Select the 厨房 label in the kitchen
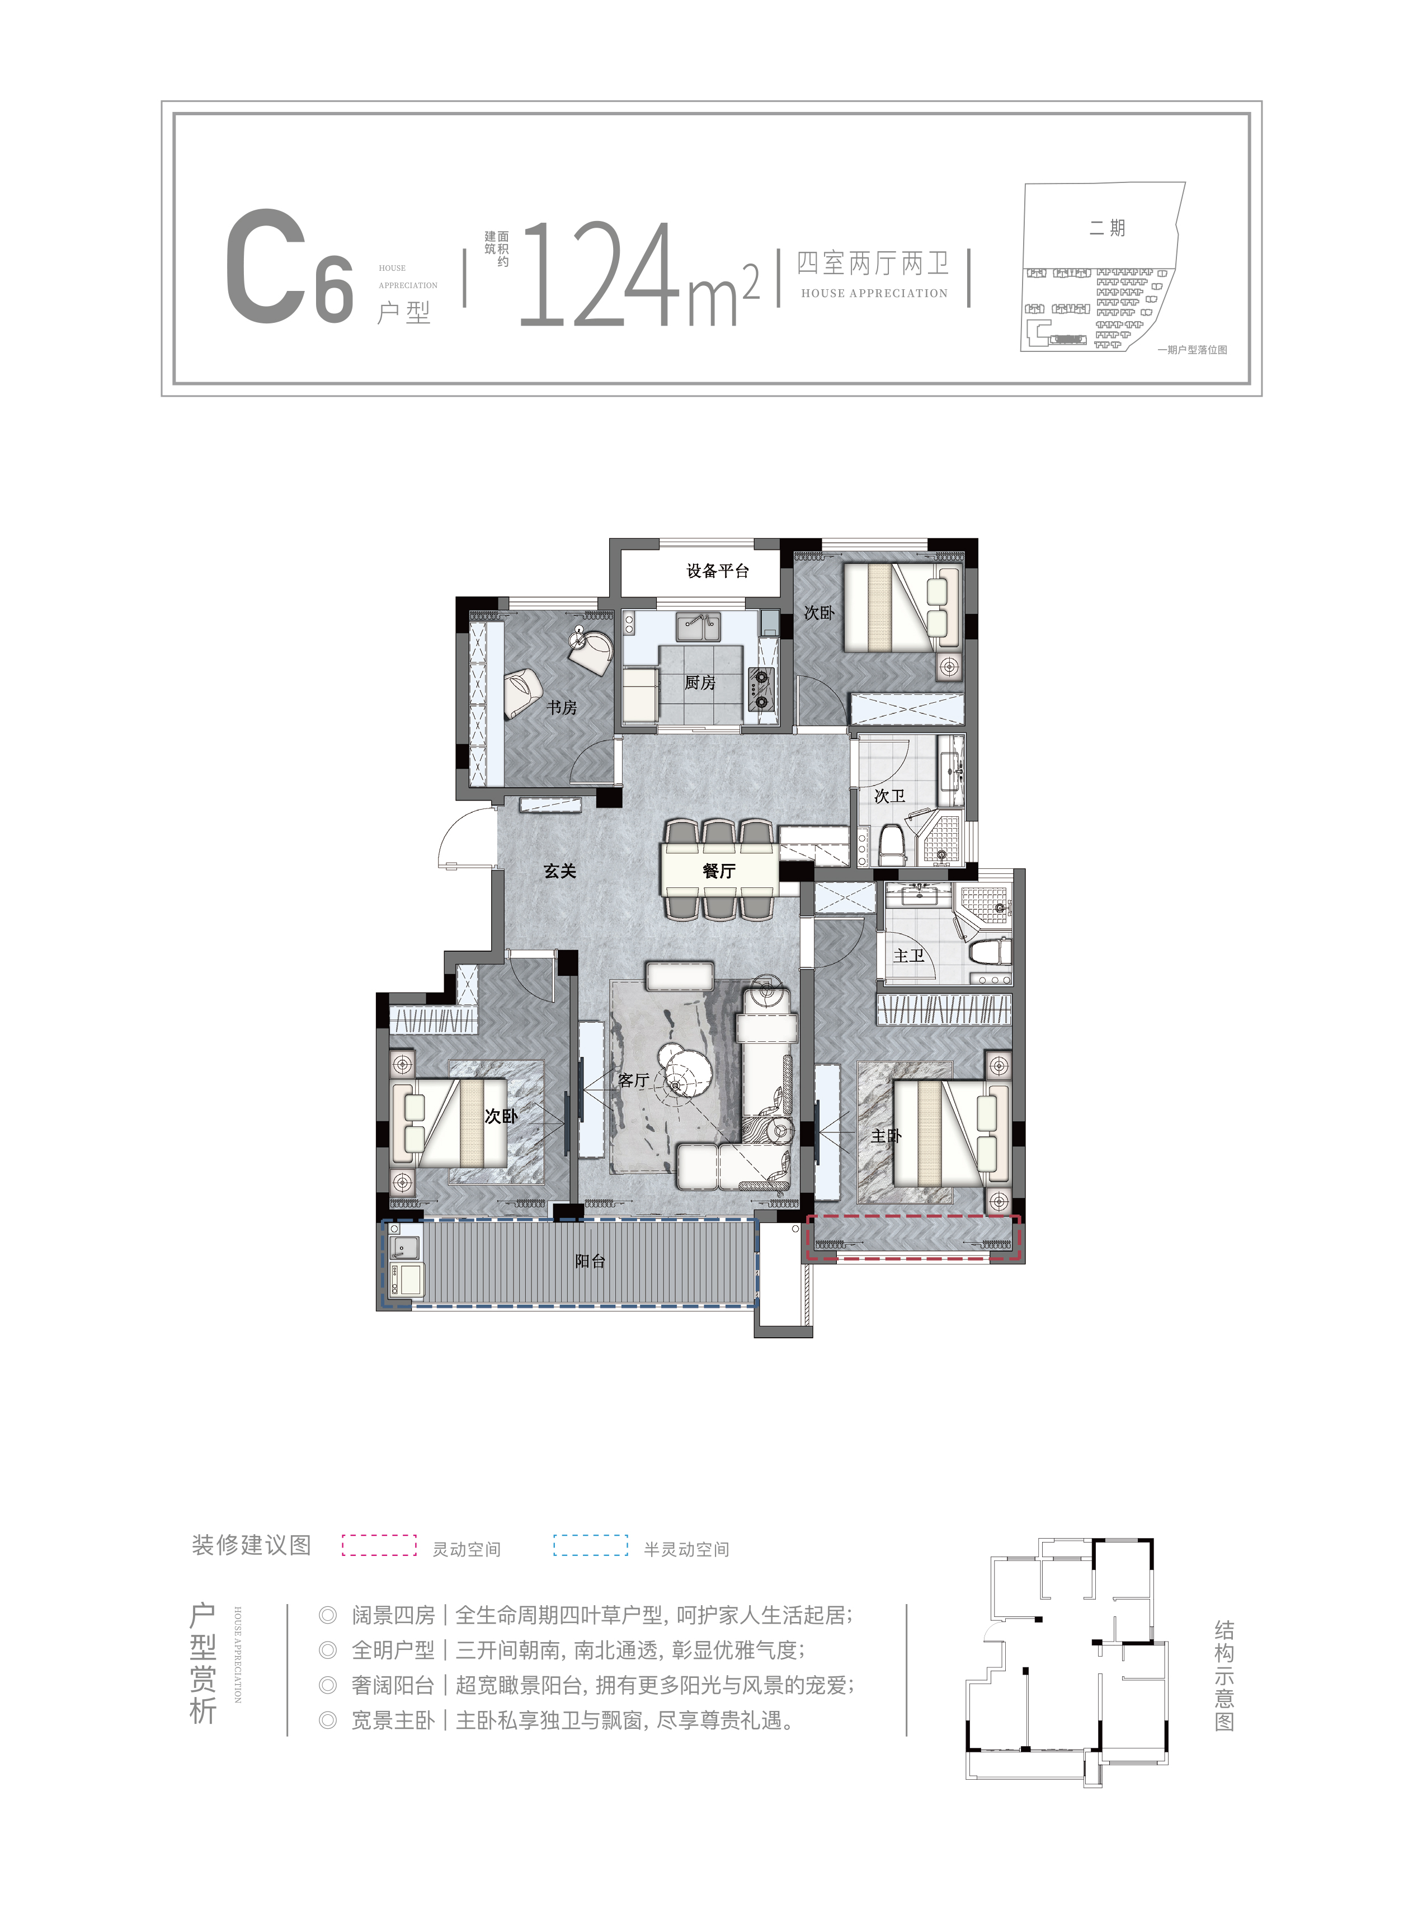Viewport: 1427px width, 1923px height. click(x=700, y=683)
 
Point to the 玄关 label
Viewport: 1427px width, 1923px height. click(x=560, y=871)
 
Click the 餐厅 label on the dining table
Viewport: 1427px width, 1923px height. click(x=719, y=871)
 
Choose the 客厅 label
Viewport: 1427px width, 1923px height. click(x=633, y=1080)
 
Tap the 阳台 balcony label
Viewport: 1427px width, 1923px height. click(x=590, y=1261)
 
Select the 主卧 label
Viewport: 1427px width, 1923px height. click(x=886, y=1136)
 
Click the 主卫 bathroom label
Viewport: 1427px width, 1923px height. click(x=908, y=956)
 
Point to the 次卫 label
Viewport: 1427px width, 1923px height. click(x=890, y=796)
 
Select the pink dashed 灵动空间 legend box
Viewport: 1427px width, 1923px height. click(x=379, y=1545)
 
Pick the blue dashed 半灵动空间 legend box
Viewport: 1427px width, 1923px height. click(x=591, y=1545)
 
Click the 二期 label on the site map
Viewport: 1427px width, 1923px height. click(x=1106, y=228)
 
